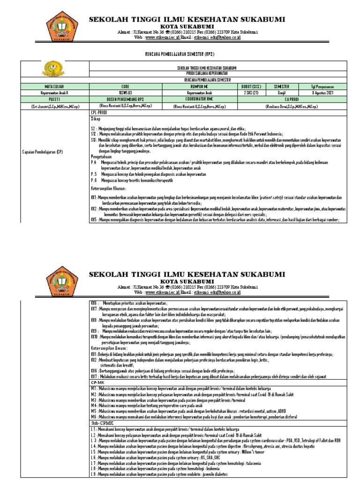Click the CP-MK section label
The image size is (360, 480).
tap(97, 383)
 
